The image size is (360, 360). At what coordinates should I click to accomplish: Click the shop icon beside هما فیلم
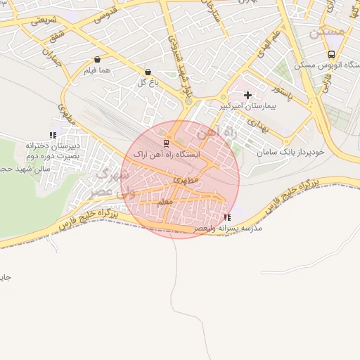pos(97,59)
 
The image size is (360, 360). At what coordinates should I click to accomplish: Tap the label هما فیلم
pos(97,70)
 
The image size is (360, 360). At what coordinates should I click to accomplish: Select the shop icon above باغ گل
pos(148,72)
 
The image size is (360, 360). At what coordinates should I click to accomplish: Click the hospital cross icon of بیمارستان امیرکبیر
pos(247,95)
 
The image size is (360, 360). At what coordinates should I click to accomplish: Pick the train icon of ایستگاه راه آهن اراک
pos(156,143)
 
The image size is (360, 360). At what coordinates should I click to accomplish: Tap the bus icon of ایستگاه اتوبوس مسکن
pos(330,54)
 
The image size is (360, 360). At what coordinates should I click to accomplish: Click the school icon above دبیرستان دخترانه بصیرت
pos(53,135)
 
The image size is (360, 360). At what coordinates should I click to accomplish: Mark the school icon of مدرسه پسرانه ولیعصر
pos(226,218)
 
